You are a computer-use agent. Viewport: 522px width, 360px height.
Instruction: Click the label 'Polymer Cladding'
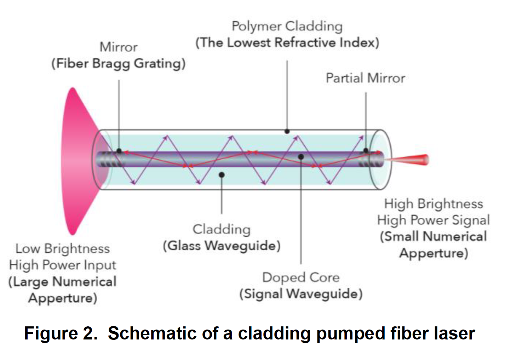coord(287,26)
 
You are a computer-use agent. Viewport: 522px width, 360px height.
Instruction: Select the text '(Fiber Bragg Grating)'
coord(119,64)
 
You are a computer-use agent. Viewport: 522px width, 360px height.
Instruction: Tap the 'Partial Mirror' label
coord(365,78)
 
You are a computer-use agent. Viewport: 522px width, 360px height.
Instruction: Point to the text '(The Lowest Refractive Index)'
coord(287,43)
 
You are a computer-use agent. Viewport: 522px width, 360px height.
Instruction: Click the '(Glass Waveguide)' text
coord(222,246)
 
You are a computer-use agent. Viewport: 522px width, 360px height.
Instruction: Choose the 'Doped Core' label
coord(301,277)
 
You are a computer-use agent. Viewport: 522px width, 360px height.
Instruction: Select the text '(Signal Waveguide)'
coord(301,294)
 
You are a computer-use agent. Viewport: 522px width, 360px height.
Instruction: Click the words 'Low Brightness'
coord(63,248)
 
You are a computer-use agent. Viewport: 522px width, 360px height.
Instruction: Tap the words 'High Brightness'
coord(434,204)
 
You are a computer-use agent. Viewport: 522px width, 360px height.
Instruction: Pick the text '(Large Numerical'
coord(63,282)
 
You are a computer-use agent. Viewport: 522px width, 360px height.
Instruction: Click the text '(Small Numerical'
coord(434,236)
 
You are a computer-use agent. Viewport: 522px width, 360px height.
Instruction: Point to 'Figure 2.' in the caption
coord(61,333)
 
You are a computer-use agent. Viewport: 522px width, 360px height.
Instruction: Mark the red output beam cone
coord(411,160)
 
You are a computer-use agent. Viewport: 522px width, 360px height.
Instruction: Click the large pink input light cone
coord(76,161)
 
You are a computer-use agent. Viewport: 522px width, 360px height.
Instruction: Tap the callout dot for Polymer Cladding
coord(287,131)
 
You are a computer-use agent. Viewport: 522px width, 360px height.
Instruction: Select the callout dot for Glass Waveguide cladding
coord(222,175)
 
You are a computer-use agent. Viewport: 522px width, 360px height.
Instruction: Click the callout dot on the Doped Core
coord(301,156)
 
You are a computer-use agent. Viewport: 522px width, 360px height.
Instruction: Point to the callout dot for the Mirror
coord(119,151)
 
